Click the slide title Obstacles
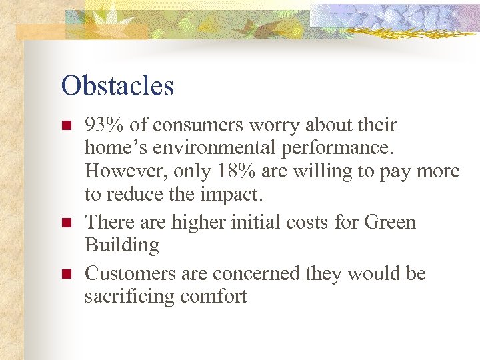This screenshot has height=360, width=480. pyautogui.click(x=117, y=85)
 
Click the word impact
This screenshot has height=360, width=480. pyautogui.click(x=239, y=194)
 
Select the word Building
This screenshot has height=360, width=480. pyautogui.click(x=122, y=245)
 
